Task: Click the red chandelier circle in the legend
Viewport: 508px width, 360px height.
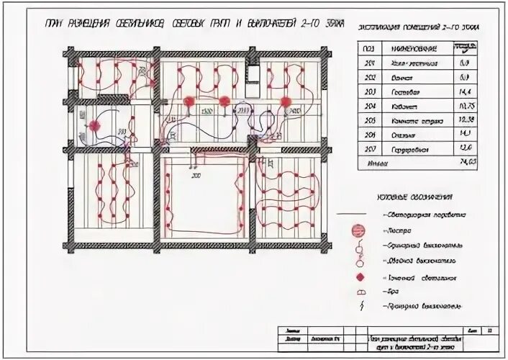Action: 355,230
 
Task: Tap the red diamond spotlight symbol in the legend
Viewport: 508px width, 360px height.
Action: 355,276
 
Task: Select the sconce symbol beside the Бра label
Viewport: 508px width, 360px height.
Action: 355,292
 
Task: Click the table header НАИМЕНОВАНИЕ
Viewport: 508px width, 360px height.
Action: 408,48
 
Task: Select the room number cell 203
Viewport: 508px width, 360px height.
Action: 371,92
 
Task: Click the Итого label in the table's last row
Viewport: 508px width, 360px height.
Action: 376,163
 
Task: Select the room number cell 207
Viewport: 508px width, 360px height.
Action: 371,148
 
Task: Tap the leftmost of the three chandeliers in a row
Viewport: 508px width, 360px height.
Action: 189,101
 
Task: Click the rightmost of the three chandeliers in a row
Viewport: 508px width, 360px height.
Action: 285,101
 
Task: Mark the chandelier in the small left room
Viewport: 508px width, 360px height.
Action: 93,125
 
